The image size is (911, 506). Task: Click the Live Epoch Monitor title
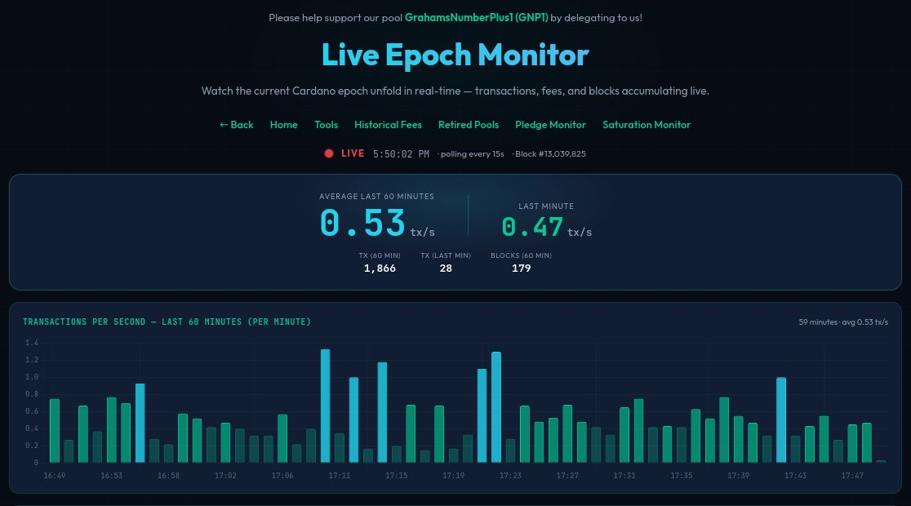pyautogui.click(x=455, y=55)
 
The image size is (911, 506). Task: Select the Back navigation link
pyautogui.click(x=237, y=125)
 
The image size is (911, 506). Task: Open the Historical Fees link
pyautogui.click(x=388, y=125)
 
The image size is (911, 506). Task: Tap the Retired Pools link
pyautogui.click(x=469, y=125)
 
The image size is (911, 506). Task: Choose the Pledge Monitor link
pyautogui.click(x=550, y=125)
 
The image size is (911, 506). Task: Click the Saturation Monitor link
pyautogui.click(x=647, y=125)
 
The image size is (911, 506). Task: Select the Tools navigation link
pyautogui.click(x=326, y=125)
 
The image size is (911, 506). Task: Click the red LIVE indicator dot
pyautogui.click(x=329, y=153)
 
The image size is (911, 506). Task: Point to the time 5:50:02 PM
pyautogui.click(x=401, y=153)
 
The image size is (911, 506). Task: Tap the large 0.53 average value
pyautogui.click(x=363, y=223)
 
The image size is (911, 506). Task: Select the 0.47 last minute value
pyautogui.click(x=532, y=226)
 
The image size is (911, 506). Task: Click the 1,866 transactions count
pyautogui.click(x=380, y=269)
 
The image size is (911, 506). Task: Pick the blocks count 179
pyautogui.click(x=521, y=269)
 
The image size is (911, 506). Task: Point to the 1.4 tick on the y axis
pyautogui.click(x=32, y=343)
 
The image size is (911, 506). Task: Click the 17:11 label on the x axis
pyautogui.click(x=340, y=475)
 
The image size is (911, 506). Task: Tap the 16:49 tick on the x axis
pyautogui.click(x=55, y=475)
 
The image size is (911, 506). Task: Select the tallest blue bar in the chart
pyautogui.click(x=325, y=406)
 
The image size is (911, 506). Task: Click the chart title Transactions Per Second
pyautogui.click(x=167, y=322)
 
